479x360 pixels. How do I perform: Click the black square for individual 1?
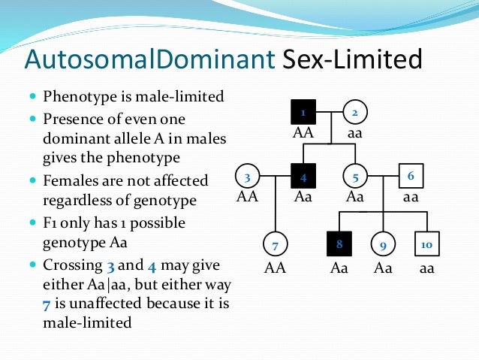point(303,113)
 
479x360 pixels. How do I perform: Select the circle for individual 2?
point(355,113)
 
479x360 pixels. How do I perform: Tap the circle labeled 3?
point(247,177)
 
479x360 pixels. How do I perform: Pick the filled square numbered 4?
point(303,177)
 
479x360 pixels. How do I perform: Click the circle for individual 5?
point(355,177)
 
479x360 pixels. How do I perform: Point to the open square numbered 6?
point(411,176)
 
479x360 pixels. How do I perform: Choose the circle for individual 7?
point(276,246)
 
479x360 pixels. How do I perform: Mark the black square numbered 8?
point(340,245)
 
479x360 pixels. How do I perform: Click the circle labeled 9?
point(383,246)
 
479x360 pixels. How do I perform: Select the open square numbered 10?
point(426,245)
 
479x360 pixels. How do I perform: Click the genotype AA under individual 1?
point(303,134)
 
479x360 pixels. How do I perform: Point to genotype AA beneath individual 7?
point(276,268)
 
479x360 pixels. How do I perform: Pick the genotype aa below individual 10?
point(426,268)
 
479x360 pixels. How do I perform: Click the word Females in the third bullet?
point(69,181)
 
